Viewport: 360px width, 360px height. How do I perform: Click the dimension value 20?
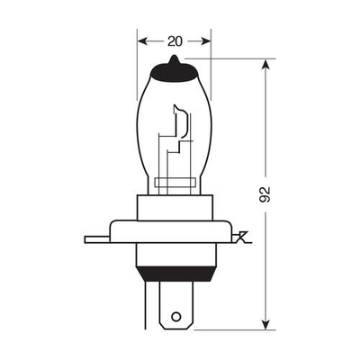[x=175, y=41]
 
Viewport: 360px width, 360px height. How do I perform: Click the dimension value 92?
[x=265, y=194]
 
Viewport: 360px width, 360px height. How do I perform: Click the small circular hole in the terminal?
[x=176, y=317]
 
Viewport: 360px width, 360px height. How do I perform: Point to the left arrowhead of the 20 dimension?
[x=143, y=41]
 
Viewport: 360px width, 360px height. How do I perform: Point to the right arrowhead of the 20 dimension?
[x=205, y=41]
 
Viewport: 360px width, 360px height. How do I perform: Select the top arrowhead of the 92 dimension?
[x=265, y=65]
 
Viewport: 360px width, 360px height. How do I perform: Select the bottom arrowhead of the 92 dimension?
[x=265, y=324]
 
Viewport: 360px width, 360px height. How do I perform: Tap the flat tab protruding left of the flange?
[x=96, y=239]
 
